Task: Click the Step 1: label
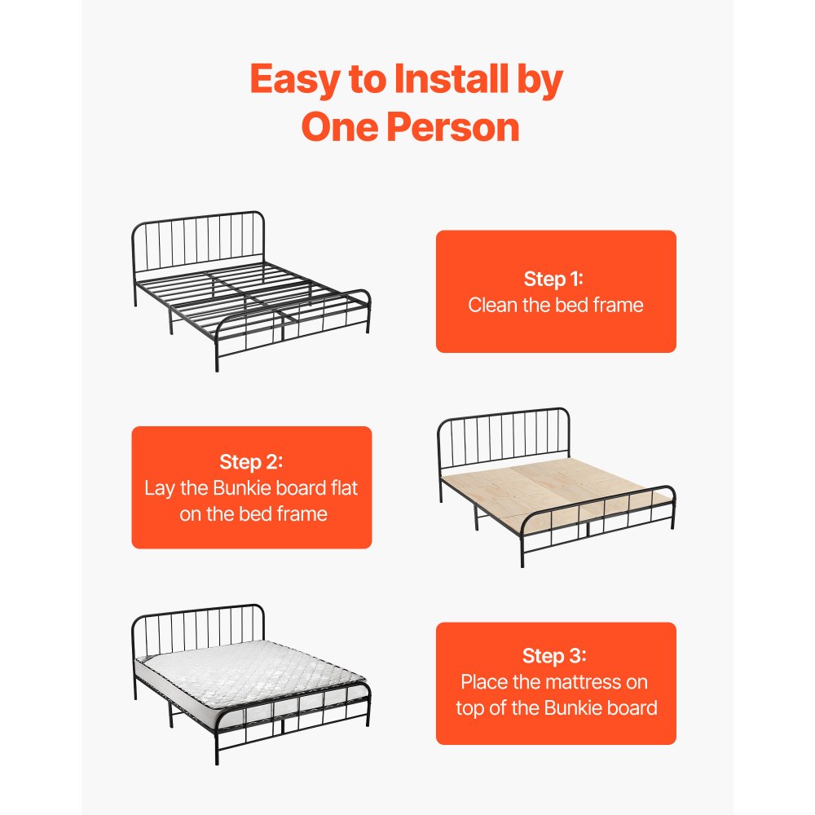555,279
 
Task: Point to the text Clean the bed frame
555,306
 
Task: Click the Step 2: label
251,462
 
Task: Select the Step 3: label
555,656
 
